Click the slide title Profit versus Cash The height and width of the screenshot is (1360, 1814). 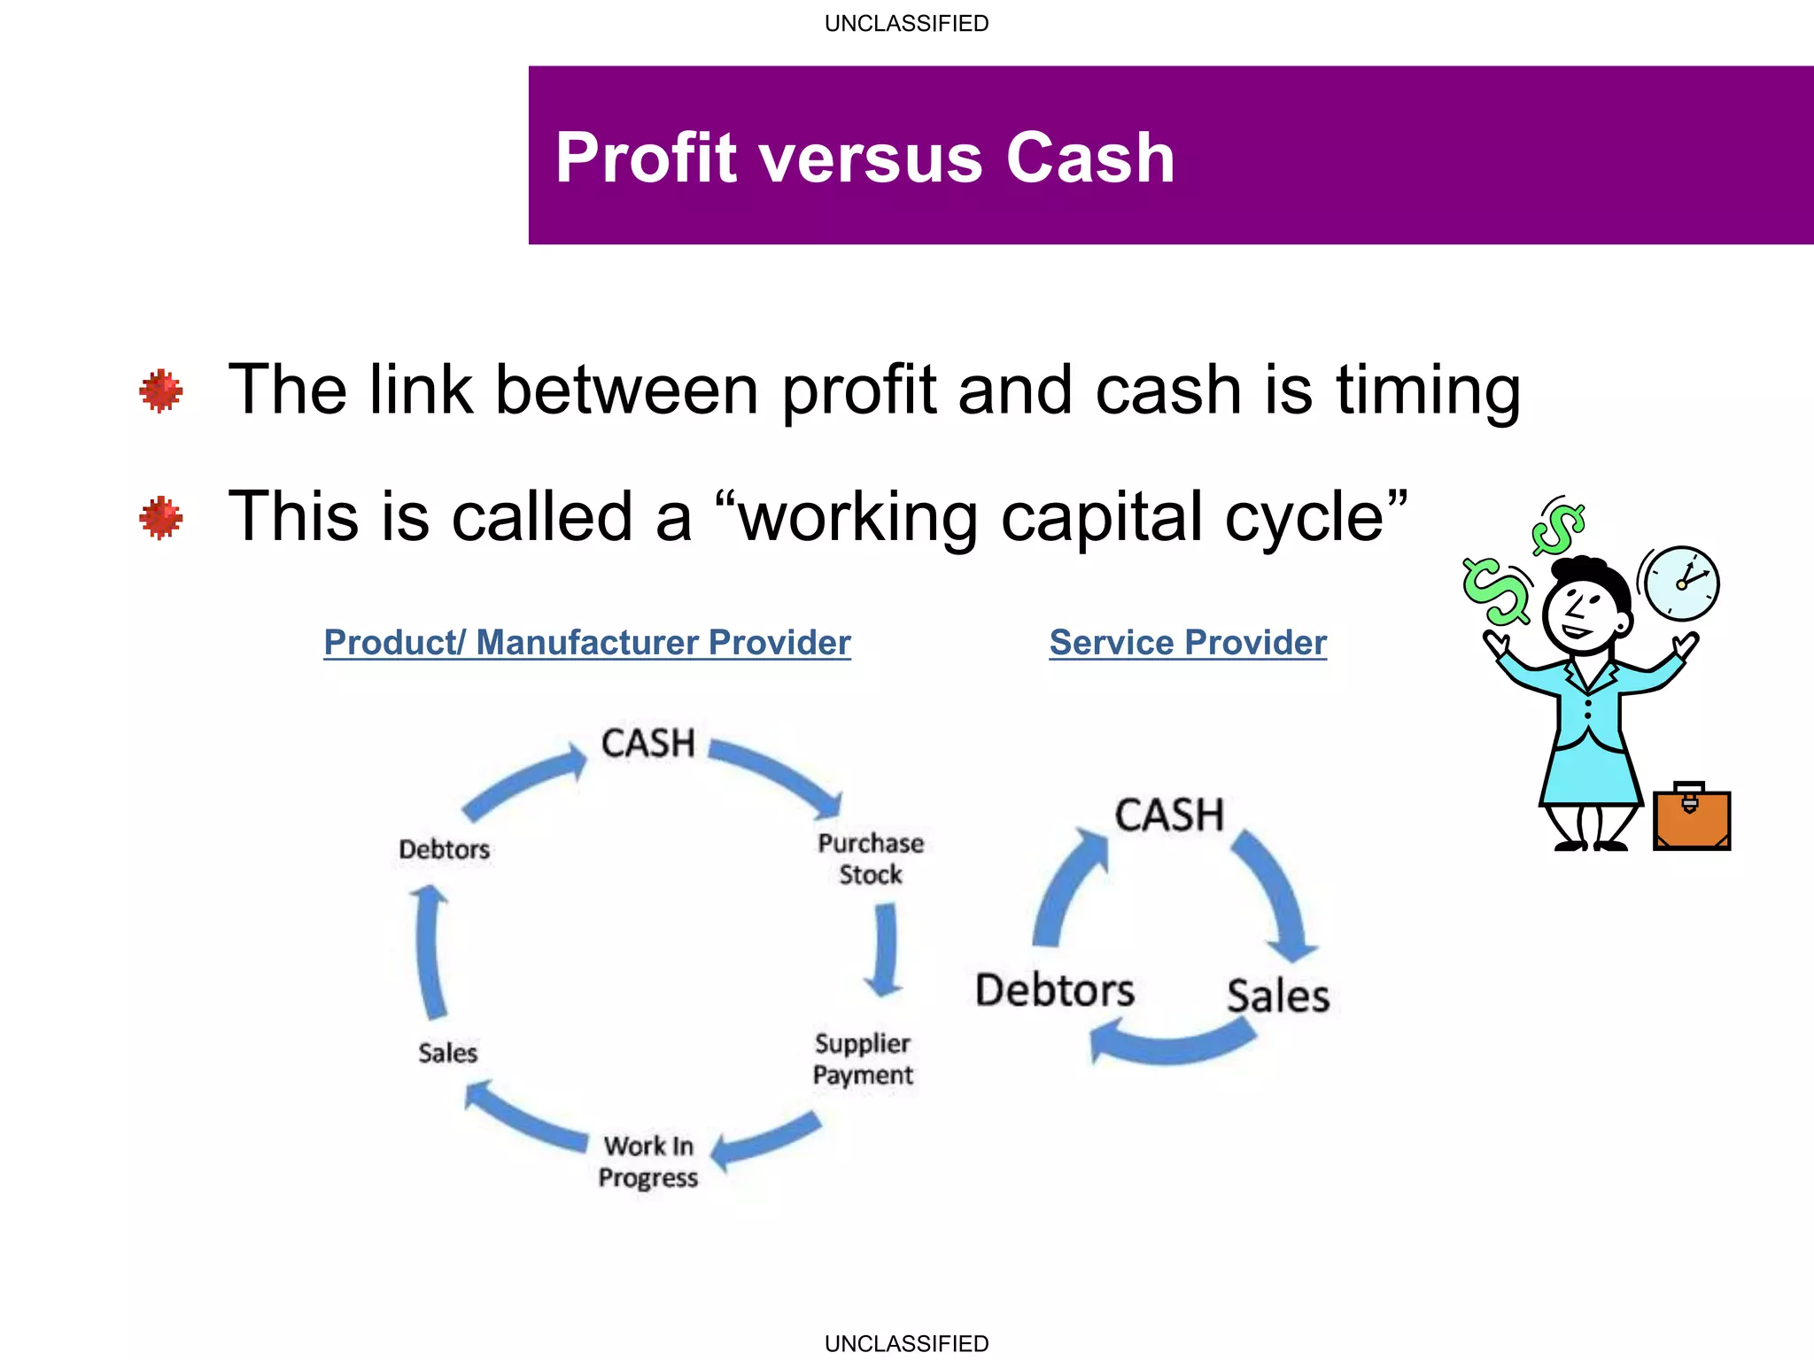(864, 158)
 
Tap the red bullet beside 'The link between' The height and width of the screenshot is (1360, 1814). (160, 390)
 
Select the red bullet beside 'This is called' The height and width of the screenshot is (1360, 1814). (160, 517)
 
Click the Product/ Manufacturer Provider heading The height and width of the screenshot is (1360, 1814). (586, 643)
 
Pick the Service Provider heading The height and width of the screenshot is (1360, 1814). (1188, 643)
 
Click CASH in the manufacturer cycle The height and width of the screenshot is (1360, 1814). (647, 744)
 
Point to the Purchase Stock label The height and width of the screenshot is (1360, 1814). (870, 859)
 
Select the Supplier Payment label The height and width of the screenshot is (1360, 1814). (863, 1059)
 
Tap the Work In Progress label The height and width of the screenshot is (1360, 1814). (648, 1162)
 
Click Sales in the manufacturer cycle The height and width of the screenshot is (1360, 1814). (447, 1053)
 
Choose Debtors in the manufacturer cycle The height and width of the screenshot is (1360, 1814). (444, 849)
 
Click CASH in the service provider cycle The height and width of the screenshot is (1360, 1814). (1169, 815)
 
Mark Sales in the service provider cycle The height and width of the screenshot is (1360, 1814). (1278, 996)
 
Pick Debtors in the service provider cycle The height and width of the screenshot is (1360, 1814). (1054, 991)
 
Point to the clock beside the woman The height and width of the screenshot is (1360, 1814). (1681, 583)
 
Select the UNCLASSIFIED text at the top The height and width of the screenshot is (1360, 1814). (906, 24)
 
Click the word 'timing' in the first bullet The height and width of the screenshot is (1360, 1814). (1428, 390)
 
